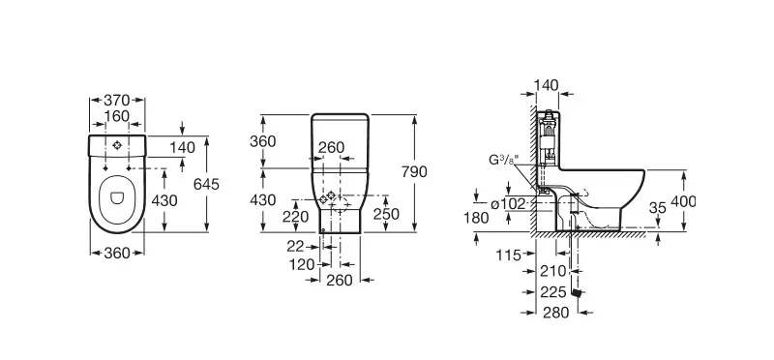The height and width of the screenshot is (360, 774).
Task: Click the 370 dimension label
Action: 116,101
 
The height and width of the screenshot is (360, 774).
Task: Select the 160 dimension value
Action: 116,116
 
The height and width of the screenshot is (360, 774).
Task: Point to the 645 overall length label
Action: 206,184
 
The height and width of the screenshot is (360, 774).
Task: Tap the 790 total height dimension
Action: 414,172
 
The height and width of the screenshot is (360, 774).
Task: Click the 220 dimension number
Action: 295,217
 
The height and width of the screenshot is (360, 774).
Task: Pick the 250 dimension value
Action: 386,214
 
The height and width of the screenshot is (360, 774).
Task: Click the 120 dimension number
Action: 302,265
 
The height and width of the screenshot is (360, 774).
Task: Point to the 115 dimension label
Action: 509,255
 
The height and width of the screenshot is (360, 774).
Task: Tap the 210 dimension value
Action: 553,271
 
